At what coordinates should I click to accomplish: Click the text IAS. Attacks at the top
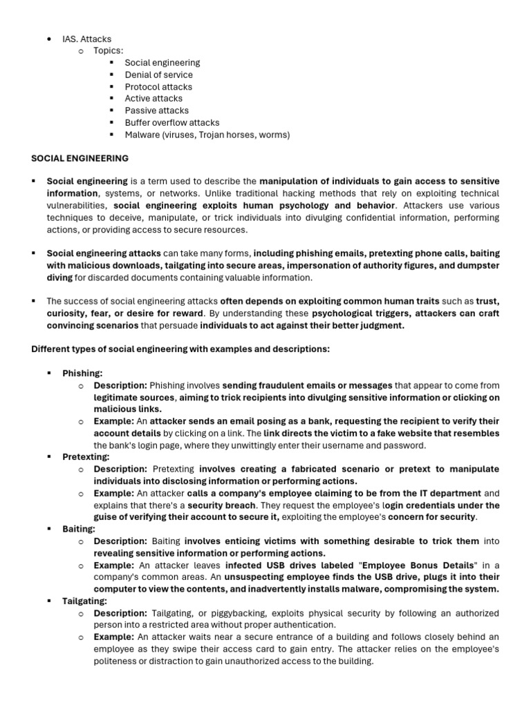click(86, 39)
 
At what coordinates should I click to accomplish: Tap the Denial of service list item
click(158, 75)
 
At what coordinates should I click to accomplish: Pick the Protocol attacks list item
click(158, 86)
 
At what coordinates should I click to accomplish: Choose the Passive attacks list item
click(156, 110)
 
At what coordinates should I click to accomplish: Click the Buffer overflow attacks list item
click(171, 122)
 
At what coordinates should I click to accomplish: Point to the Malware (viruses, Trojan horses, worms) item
click(207, 135)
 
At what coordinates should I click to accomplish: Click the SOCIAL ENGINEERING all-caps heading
click(80, 158)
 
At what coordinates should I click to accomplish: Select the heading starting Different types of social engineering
click(180, 349)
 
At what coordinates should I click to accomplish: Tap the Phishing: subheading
click(82, 373)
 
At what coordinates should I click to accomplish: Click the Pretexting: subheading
click(86, 457)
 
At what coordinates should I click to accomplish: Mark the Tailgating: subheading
click(84, 601)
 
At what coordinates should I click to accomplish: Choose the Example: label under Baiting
click(114, 565)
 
